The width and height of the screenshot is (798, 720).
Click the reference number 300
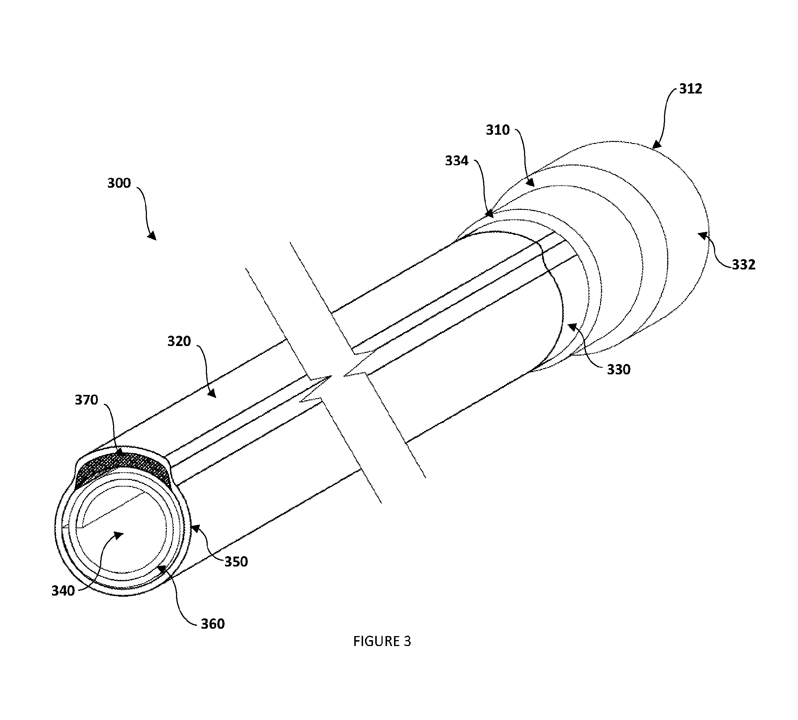[x=119, y=183]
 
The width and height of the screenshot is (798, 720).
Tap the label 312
[x=691, y=89]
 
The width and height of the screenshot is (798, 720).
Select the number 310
[x=498, y=130]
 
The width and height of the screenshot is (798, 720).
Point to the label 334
[x=456, y=160]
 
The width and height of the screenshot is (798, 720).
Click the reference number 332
[x=743, y=264]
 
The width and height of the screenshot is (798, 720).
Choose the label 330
[x=619, y=370]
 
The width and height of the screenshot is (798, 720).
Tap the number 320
[x=179, y=341]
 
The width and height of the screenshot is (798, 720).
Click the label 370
[x=86, y=400]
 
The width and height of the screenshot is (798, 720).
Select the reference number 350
[x=236, y=562]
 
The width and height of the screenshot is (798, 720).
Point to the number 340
[x=63, y=591]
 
